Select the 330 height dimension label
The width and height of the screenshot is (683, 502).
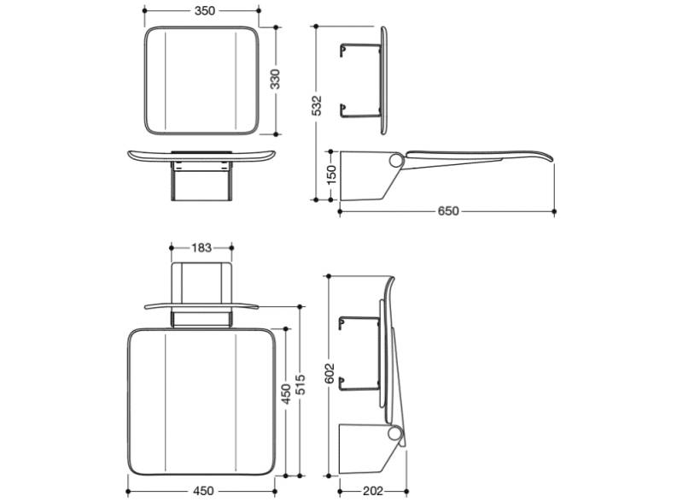coord(276,80)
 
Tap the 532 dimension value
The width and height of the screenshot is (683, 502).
coord(317,105)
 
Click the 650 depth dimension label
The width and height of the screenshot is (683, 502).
coord(448,211)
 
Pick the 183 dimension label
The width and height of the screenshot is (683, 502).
coord(201,248)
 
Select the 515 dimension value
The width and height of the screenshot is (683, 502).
coord(301,390)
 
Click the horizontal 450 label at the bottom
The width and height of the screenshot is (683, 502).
coord(203,492)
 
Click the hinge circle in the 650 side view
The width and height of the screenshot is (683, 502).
coord(396,160)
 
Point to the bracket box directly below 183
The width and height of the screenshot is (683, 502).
coord(201,282)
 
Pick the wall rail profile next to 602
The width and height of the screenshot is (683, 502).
coord(357,354)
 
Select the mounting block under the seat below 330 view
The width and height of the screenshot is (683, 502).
coord(201,181)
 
